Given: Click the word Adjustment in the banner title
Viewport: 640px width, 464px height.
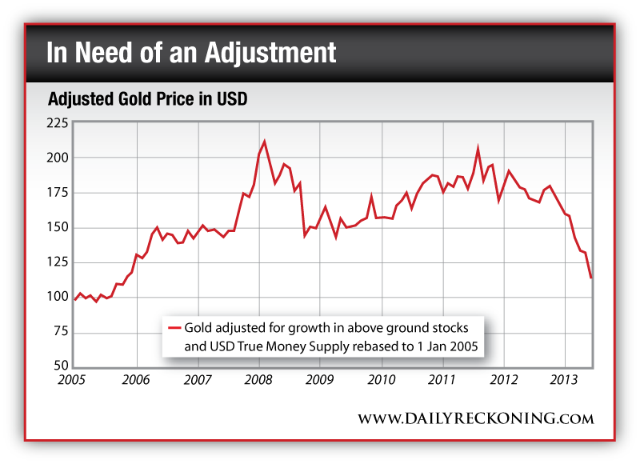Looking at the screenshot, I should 270,54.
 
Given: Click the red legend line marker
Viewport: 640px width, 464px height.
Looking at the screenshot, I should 175,328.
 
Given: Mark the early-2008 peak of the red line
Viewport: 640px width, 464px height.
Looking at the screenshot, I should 264,142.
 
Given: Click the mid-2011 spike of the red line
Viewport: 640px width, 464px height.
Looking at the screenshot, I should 478,148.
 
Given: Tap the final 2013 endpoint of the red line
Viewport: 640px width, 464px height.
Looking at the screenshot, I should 591,278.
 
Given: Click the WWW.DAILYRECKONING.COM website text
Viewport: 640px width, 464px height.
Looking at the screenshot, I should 475,418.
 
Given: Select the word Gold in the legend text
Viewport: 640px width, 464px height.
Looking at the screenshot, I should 200,328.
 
